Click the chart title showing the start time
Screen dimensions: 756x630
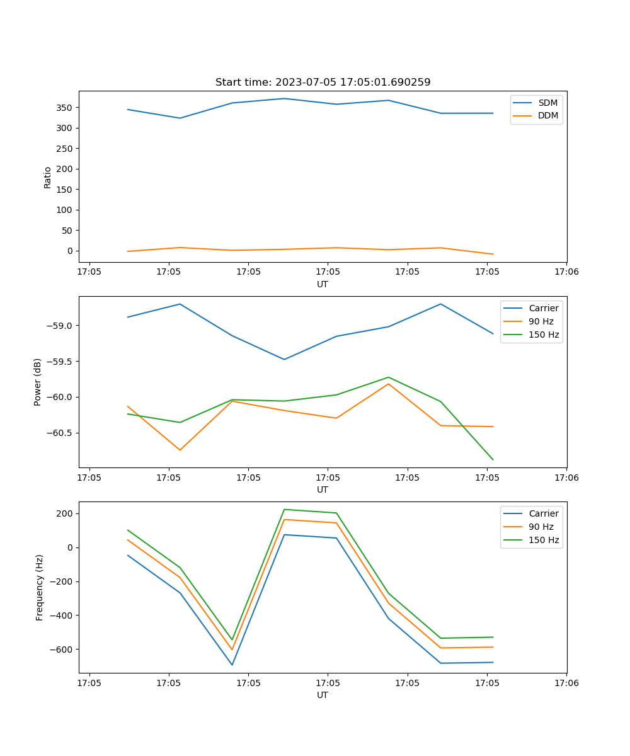pyautogui.click(x=323, y=83)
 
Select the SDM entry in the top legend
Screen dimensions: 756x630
pyautogui.click(x=547, y=103)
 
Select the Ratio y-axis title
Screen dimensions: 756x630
pyautogui.click(x=48, y=177)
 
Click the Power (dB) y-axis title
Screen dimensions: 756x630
pyautogui.click(x=38, y=382)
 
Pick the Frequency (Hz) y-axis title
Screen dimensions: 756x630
pyautogui.click(x=39, y=587)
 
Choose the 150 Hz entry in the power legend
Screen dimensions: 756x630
pyautogui.click(x=544, y=335)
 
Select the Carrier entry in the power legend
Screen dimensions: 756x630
pyautogui.click(x=543, y=308)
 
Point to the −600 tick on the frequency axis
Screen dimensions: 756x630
pyautogui.click(x=60, y=650)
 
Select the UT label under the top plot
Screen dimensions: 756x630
pyautogui.click(x=323, y=284)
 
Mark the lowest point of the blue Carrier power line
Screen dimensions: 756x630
pyautogui.click(x=284, y=360)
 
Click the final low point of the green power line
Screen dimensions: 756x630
pyautogui.click(x=493, y=460)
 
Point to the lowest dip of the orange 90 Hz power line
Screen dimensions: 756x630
pyautogui.click(x=180, y=450)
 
